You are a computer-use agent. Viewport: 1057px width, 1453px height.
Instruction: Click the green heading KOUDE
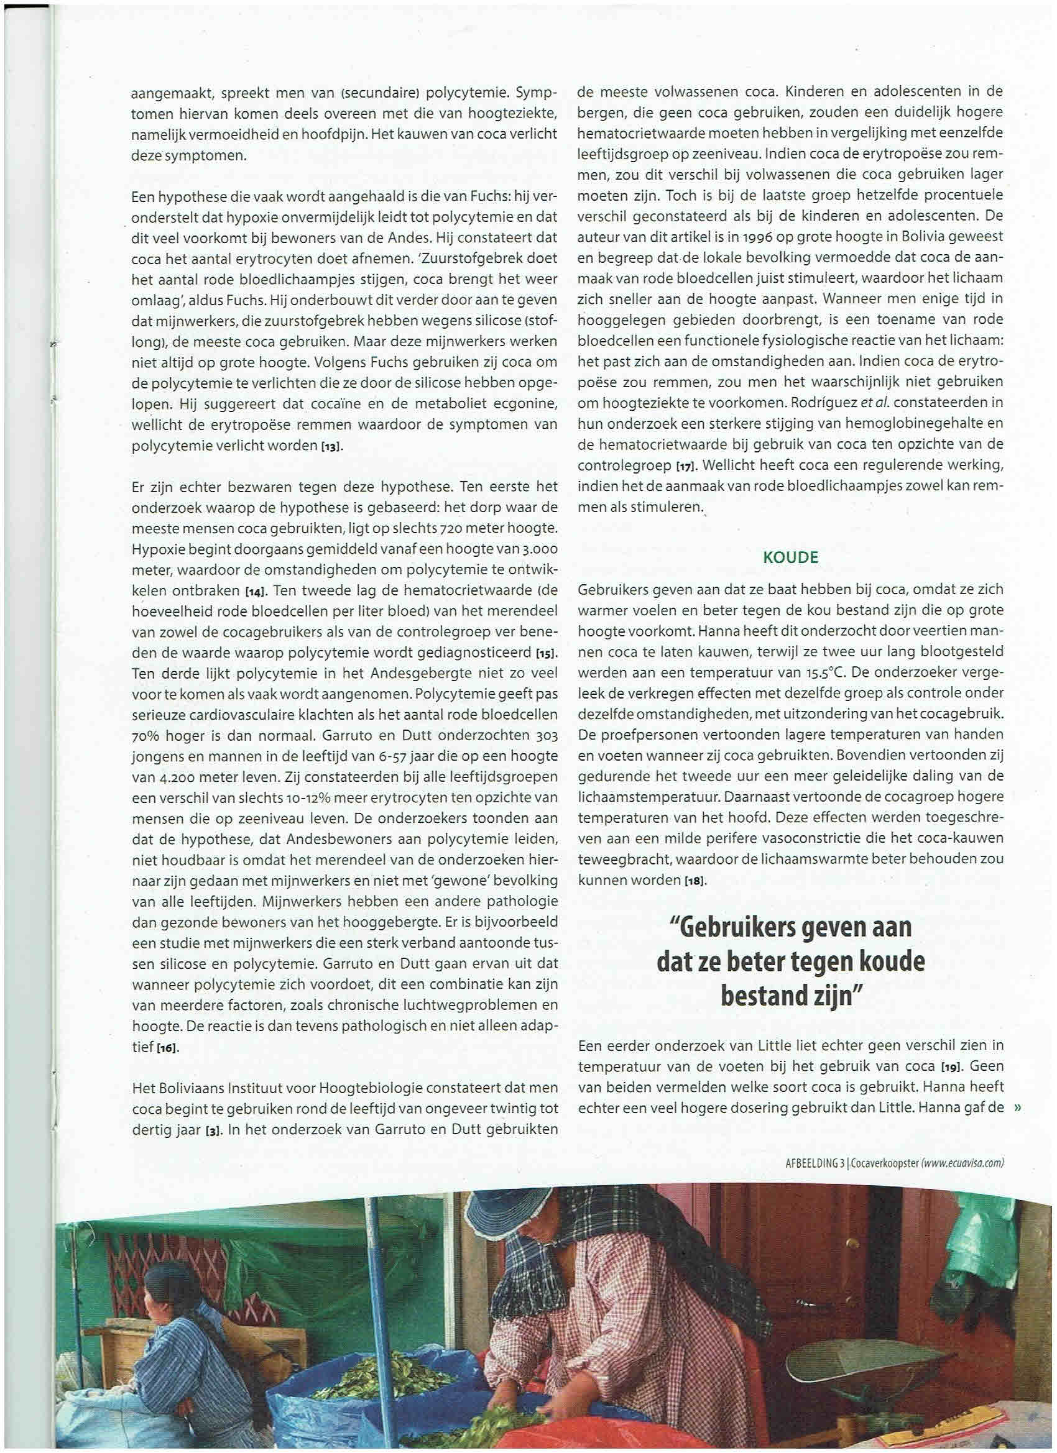point(790,557)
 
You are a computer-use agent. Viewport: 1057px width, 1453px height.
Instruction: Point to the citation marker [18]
point(693,881)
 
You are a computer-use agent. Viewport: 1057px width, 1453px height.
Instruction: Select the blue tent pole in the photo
point(374,1281)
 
